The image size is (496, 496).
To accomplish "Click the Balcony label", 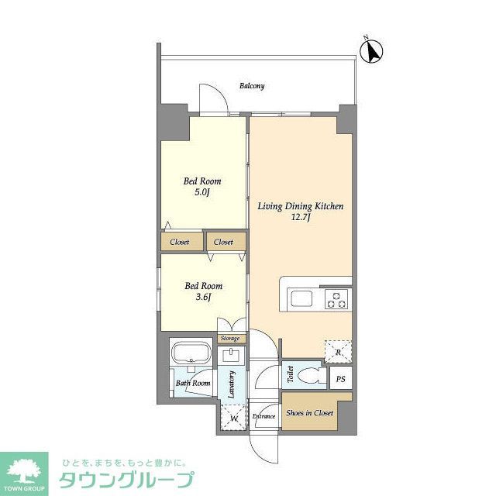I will pyautogui.click(x=252, y=86).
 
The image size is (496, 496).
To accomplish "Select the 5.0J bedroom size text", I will pyautogui.click(x=202, y=193).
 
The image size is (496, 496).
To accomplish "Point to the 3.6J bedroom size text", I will pyautogui.click(x=203, y=297).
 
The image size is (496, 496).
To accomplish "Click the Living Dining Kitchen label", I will pyautogui.click(x=301, y=206).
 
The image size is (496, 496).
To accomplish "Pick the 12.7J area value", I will pyautogui.click(x=301, y=219).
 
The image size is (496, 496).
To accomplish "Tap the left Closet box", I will pyautogui.click(x=181, y=242).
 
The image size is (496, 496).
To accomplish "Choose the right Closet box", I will pyautogui.click(x=224, y=242).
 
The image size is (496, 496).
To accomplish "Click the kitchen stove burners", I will pyautogui.click(x=336, y=298).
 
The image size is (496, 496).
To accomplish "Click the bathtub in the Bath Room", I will pyautogui.click(x=190, y=356).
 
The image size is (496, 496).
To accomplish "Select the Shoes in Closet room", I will pyautogui.click(x=308, y=413).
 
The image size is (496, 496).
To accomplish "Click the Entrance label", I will pyautogui.click(x=264, y=416).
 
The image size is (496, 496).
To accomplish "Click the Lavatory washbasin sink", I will pyautogui.click(x=231, y=356).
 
